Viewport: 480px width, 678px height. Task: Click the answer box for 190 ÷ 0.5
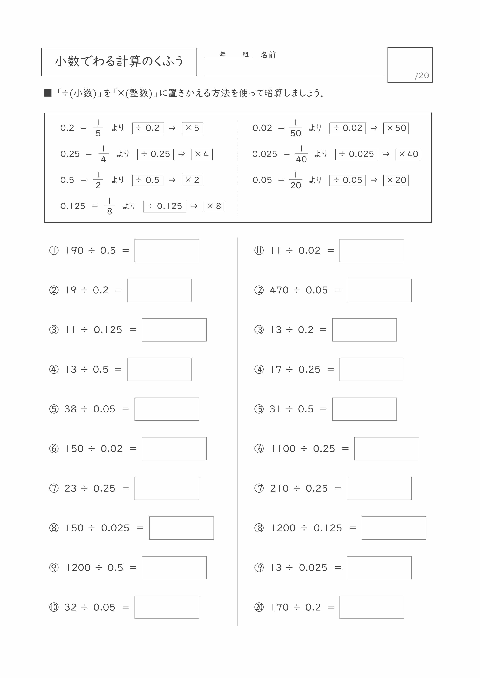[x=167, y=250]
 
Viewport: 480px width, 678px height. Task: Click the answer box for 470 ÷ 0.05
[x=379, y=290]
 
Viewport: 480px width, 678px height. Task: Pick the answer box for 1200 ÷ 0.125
[x=394, y=528]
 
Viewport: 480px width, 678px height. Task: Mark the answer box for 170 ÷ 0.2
[x=372, y=607]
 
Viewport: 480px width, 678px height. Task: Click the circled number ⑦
[x=54, y=488]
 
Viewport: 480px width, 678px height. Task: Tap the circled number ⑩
[x=54, y=607]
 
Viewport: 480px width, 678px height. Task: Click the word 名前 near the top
[x=268, y=55]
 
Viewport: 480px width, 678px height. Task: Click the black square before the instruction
[x=48, y=93]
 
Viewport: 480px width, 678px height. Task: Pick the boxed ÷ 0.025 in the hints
[x=356, y=154]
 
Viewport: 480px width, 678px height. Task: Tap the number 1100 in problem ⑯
[x=283, y=449]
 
